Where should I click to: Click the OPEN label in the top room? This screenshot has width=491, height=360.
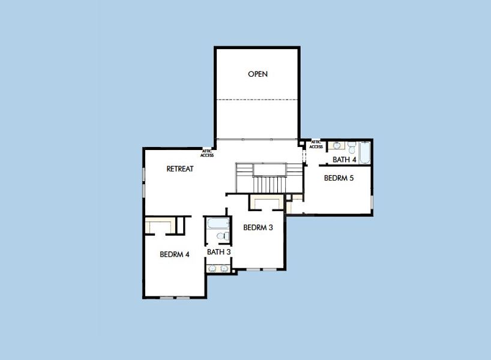(258, 74)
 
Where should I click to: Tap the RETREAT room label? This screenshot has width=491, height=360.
(180, 169)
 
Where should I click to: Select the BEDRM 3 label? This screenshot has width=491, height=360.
(258, 227)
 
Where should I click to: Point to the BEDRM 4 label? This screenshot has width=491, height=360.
(175, 254)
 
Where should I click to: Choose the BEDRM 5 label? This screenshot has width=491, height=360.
(339, 178)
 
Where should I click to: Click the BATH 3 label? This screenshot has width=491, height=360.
(219, 252)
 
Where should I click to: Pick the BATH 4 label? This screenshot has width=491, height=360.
(345, 160)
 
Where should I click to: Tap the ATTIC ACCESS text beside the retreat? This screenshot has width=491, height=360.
(207, 153)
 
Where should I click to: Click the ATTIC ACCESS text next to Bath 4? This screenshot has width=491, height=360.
(316, 145)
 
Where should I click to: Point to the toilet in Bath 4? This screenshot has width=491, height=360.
(350, 145)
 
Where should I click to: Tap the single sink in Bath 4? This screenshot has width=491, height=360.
(336, 145)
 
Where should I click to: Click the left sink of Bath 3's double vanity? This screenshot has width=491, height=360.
(212, 268)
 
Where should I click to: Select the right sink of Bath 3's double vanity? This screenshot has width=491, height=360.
(224, 268)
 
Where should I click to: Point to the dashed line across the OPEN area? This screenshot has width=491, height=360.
(258, 100)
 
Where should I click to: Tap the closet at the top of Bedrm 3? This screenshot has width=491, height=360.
(267, 202)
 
